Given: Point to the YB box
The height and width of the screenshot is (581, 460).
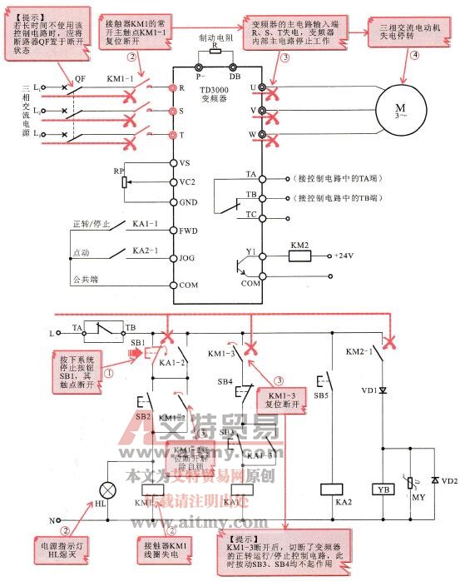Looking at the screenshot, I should pos(383,489).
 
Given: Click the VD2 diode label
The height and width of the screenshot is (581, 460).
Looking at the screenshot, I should pos(448,481).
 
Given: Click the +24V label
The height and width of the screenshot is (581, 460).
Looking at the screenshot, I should pos(344,256).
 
